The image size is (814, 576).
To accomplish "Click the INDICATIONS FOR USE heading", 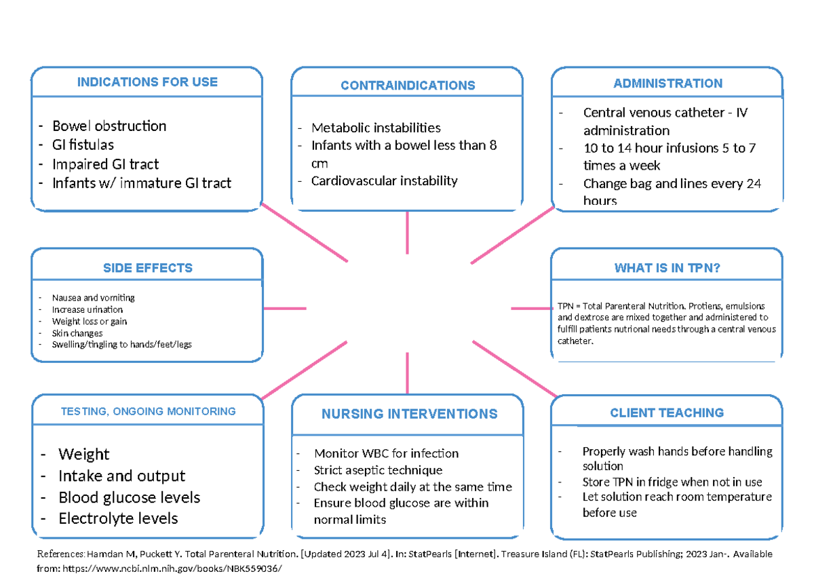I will pos(147,82).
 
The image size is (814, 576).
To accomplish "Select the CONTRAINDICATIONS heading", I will pos(408,85).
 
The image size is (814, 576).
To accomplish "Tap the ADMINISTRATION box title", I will pos(667,83).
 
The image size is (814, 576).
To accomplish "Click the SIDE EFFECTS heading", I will pos(147,268).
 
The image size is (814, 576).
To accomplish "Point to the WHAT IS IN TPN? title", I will pos(667,268).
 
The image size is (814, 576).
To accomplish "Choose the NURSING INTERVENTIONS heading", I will pos(409,414).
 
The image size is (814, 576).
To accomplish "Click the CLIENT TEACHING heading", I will pos(667,412).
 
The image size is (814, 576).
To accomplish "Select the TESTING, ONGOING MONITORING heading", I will pos(148,411).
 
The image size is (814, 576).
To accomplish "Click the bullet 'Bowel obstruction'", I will pos(109,126).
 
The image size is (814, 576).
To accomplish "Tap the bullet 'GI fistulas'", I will pos(83,145).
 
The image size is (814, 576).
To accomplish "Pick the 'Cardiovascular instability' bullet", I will pos(384,181).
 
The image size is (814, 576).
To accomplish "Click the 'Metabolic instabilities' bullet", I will pos(376,128).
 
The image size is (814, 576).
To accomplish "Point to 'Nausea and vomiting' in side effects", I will pos(93,298).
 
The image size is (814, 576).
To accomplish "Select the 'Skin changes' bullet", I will pos(77,333).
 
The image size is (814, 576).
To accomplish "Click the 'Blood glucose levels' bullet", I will pos(129,497).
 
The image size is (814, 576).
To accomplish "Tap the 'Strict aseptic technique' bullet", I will pos(378,470).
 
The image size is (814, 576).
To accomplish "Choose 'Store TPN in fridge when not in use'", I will pos(672,482).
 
